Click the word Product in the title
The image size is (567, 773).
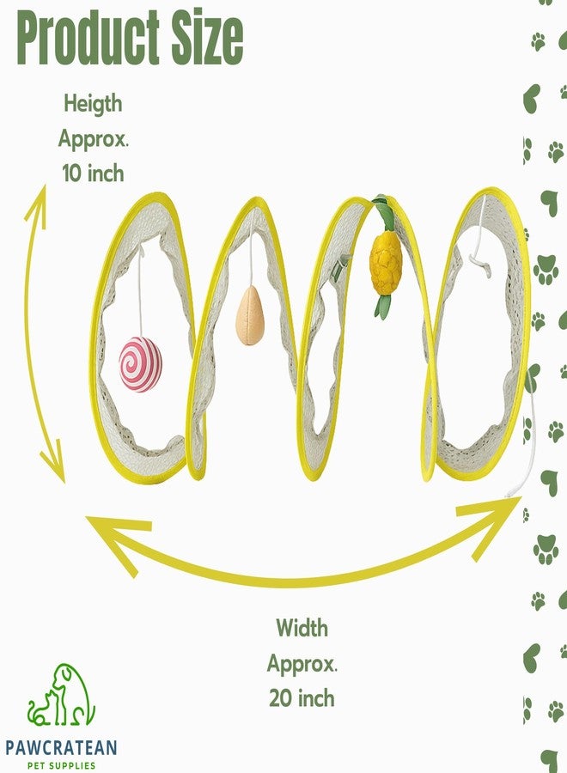click(88, 39)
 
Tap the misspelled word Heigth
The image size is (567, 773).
click(93, 105)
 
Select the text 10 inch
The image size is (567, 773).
click(93, 173)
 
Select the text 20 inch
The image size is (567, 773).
click(302, 698)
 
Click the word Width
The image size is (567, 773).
click(302, 628)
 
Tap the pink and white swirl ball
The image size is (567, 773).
click(141, 364)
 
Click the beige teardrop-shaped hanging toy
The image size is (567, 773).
click(250, 314)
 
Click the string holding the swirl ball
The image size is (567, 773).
click(141, 292)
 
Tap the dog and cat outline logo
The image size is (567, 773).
click(61, 695)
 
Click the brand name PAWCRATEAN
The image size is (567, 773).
click(61, 747)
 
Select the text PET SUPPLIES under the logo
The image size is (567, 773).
click(61, 765)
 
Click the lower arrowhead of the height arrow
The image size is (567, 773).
click(55, 462)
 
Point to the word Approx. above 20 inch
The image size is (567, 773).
click(302, 664)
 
